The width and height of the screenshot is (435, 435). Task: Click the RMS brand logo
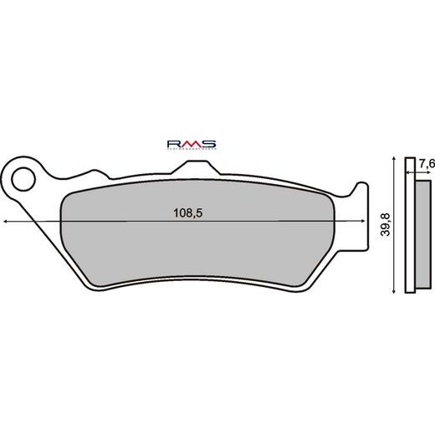[x=192, y=144]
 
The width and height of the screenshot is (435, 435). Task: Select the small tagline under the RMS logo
[x=192, y=151]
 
